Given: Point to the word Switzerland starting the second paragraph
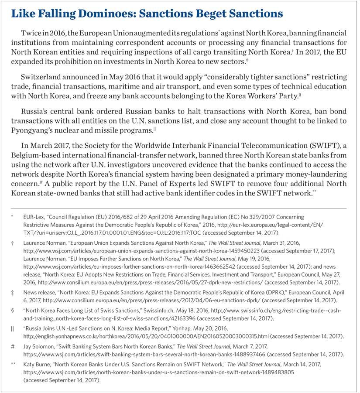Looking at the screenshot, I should pos(40,78).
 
